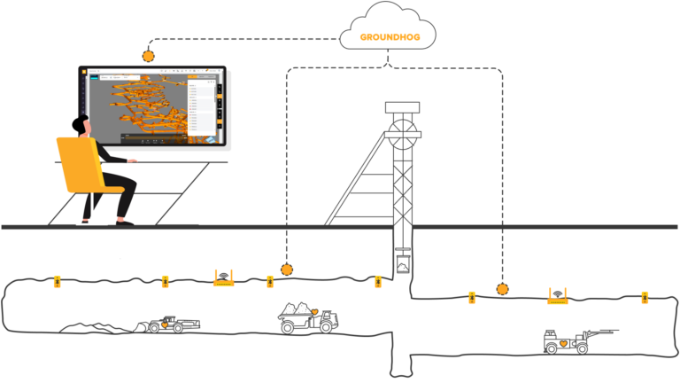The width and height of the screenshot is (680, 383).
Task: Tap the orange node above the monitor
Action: click(x=148, y=56)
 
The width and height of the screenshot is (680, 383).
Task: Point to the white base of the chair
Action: click(x=91, y=222)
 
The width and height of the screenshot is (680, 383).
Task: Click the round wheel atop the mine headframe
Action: click(x=402, y=135)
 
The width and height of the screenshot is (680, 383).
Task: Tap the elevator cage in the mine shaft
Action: click(x=403, y=264)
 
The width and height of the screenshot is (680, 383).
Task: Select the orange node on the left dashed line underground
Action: click(x=286, y=270)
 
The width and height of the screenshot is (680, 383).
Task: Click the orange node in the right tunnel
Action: click(x=503, y=289)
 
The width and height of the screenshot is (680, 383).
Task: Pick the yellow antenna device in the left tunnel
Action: click(x=223, y=278)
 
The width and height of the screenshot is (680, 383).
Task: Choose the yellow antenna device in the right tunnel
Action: click(x=557, y=296)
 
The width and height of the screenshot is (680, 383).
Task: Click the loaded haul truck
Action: click(x=307, y=317)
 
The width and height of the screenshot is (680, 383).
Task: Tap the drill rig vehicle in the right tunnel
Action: click(x=571, y=340)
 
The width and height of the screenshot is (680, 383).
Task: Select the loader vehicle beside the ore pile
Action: click(x=172, y=324)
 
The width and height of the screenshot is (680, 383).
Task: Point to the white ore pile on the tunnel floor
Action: click(x=93, y=328)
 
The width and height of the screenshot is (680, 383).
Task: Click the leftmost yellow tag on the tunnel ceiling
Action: click(x=58, y=282)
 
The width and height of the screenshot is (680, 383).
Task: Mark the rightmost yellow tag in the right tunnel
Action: click(x=645, y=297)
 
